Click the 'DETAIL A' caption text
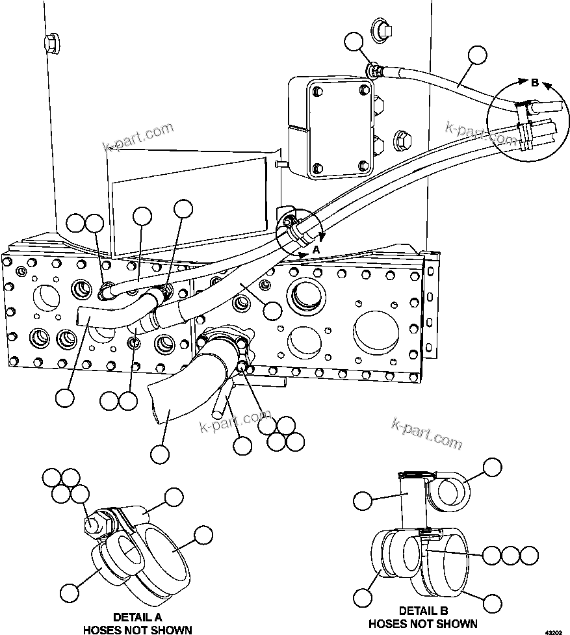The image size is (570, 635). [x=137, y=617]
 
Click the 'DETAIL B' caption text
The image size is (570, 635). [x=423, y=611]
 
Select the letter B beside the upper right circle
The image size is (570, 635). [x=535, y=83]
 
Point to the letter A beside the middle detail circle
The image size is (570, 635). [x=317, y=250]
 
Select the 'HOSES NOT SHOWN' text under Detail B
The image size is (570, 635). [x=423, y=624]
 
